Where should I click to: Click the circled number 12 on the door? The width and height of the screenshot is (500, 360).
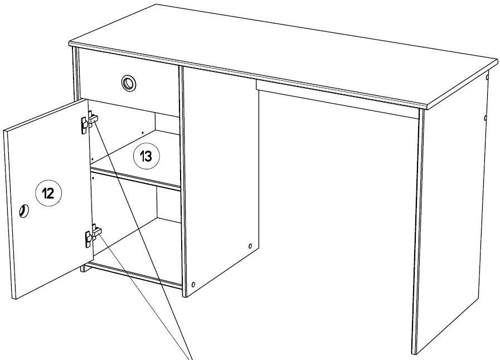[x=48, y=193]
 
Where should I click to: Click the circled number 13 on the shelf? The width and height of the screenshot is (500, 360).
[x=147, y=156]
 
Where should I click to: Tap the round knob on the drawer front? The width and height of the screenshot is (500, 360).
[x=129, y=83]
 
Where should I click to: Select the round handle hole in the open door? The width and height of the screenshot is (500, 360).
[x=24, y=211]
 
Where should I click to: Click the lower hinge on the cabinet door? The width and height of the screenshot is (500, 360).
[x=93, y=235]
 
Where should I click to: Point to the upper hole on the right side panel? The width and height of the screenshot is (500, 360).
[x=487, y=77]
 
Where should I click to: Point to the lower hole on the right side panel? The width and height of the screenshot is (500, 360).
[x=486, y=118]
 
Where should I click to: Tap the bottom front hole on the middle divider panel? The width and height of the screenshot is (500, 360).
[x=193, y=284]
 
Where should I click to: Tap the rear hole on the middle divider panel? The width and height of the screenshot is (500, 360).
[x=250, y=246]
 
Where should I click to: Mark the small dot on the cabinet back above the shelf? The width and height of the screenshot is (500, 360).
[x=143, y=132]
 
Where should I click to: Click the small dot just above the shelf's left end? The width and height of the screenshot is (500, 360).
[x=92, y=158]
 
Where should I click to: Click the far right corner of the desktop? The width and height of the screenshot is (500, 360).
[x=497, y=60]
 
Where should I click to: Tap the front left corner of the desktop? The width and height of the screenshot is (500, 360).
[x=70, y=43]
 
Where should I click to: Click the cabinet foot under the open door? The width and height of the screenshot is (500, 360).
[x=84, y=268]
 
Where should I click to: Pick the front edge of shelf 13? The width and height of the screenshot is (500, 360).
[x=135, y=179]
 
